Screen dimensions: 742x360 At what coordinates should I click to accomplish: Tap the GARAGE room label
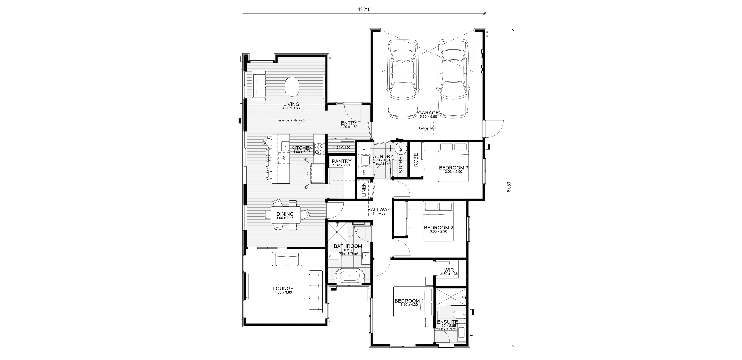[x=428, y=113]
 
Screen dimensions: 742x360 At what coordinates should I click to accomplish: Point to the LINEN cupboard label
[x=364, y=189]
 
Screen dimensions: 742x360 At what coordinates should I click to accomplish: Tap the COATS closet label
[x=342, y=147]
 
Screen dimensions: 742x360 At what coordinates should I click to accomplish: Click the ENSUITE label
[x=447, y=322]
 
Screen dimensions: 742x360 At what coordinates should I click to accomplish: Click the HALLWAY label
[x=379, y=210]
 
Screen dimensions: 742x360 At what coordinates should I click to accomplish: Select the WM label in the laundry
[x=364, y=172]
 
